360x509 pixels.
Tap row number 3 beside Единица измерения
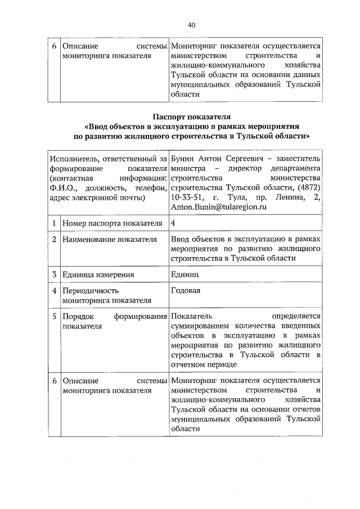pyautogui.click(x=54, y=274)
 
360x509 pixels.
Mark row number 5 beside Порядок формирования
pyautogui.click(x=54, y=317)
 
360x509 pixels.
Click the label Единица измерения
pyautogui.click(x=98, y=274)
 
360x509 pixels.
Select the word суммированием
pyautogui.click(x=202, y=326)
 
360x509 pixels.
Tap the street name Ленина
pyautogui.click(x=292, y=197)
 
